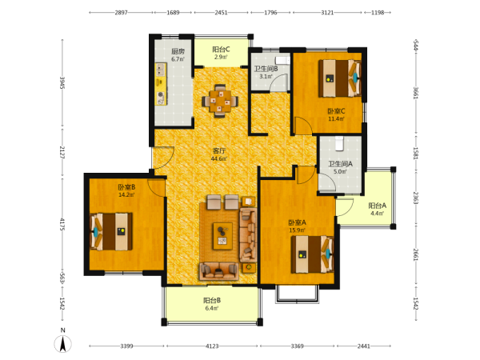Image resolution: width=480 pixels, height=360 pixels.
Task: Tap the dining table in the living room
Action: tap(220, 101)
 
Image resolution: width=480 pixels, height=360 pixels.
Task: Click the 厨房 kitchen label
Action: tap(178, 51)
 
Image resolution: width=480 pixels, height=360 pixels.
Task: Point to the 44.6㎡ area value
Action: tap(219, 159)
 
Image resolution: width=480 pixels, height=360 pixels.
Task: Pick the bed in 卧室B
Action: tap(111, 232)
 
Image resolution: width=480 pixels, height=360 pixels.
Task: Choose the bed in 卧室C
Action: tap(340, 78)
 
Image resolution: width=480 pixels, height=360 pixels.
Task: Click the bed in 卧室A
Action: tap(312, 254)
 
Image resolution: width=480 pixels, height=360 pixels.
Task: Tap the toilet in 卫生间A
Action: tap(339, 143)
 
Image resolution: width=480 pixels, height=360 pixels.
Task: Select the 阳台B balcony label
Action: tap(212, 300)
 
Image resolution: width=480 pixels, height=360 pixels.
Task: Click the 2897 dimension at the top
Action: tap(121, 13)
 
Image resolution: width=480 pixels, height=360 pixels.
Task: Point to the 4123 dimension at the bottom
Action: tap(212, 346)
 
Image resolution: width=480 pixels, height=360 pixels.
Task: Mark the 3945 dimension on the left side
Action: tap(62, 82)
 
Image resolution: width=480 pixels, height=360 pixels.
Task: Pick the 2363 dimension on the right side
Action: tap(416, 198)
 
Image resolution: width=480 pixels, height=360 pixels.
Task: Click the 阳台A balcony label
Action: tap(377, 206)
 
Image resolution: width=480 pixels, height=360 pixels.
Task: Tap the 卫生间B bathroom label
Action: tap(266, 69)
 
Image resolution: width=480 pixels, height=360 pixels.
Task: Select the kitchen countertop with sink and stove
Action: tap(161, 84)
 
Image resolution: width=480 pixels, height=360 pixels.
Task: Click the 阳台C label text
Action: tap(221, 50)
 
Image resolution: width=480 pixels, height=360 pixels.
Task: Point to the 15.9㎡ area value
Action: tap(298, 230)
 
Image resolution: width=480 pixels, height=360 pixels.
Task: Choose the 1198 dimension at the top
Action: tap(378, 13)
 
